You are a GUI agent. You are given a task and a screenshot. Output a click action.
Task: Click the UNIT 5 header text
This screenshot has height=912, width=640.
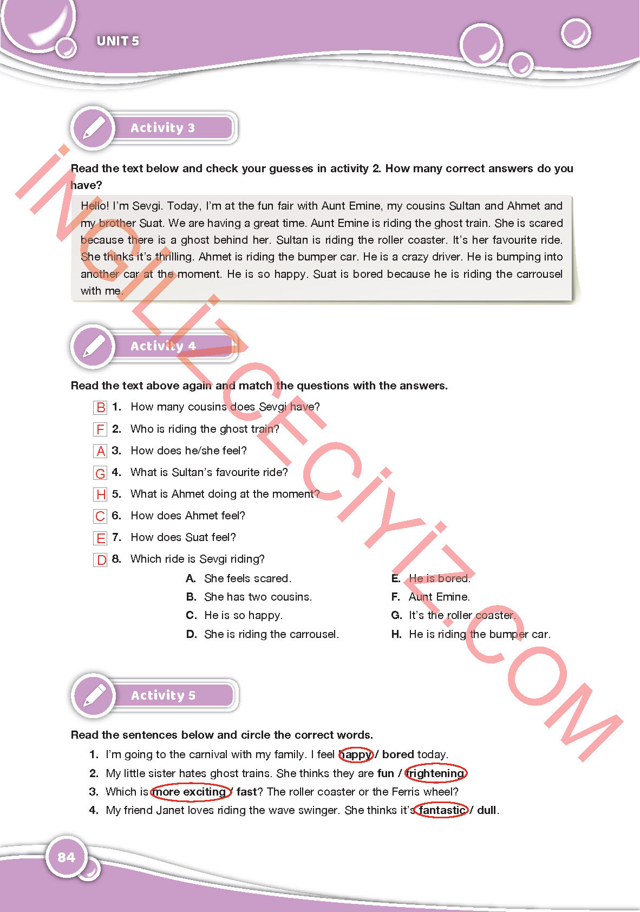point(117,41)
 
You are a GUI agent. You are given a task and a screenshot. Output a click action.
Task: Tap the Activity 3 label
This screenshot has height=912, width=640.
point(162,128)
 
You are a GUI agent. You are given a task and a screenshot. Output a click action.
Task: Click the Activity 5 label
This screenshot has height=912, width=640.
point(163,695)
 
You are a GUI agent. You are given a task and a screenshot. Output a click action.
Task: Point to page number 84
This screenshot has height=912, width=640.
point(66,857)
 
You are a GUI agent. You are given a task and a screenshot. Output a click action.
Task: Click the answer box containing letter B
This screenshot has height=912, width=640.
point(100,407)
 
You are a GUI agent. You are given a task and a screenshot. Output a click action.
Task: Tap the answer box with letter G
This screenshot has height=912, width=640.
point(100,473)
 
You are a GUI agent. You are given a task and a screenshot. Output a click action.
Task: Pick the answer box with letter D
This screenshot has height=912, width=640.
point(101,559)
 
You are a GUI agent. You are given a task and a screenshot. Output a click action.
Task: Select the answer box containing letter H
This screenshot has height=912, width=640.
point(101,494)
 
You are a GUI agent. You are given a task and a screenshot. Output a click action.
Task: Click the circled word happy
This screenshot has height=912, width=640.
point(356,754)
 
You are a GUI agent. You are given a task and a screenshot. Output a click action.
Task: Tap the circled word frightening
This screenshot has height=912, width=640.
point(435,773)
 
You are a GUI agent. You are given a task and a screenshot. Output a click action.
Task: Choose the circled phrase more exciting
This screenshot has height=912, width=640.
point(190,792)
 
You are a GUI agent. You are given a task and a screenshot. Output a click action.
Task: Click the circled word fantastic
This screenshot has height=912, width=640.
point(442,810)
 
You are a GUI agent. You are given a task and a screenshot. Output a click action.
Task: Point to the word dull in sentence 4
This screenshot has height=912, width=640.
point(487,810)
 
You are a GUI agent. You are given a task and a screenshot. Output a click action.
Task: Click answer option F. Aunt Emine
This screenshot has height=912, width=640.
point(431,597)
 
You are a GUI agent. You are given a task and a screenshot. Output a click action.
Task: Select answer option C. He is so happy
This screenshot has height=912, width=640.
point(234,615)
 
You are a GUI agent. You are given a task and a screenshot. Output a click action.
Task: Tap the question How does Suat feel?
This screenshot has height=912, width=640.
point(183,537)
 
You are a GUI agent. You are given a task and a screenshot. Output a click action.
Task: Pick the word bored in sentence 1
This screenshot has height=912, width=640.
point(398,754)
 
